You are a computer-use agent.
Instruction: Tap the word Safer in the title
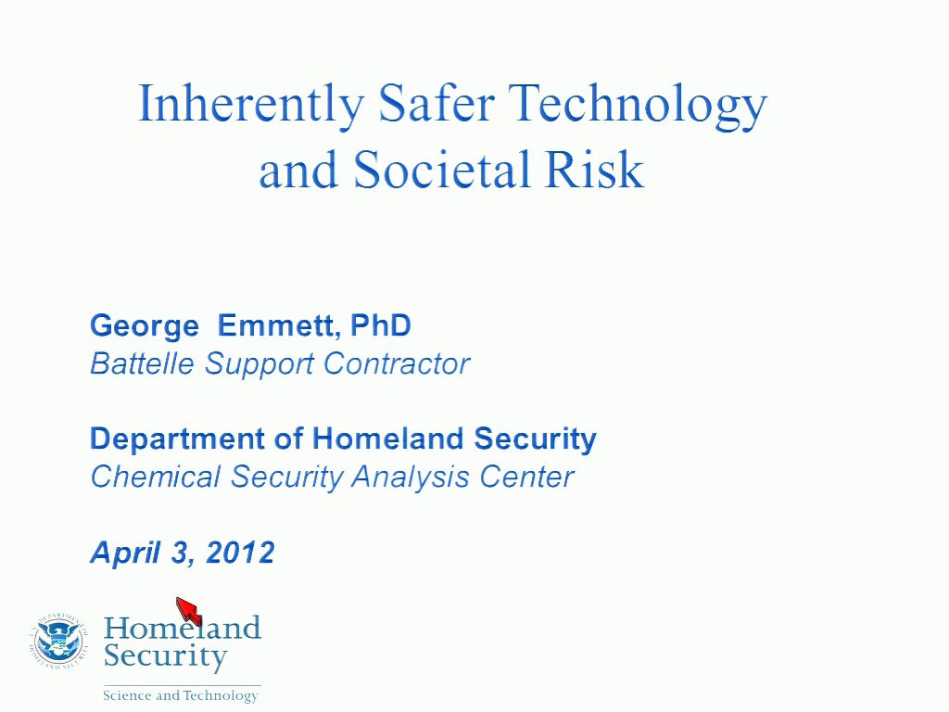[437, 103]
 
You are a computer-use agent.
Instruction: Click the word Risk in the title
[594, 170]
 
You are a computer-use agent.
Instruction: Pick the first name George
[145, 326]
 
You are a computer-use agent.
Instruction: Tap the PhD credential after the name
[381, 325]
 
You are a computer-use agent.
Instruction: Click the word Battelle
[142, 363]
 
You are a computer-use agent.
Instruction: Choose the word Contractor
[397, 363]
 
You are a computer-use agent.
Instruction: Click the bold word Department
[177, 439]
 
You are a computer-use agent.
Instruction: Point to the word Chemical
[156, 477]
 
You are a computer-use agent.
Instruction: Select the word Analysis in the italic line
[411, 477]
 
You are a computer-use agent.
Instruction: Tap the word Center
[526, 477]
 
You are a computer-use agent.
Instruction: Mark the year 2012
[240, 553]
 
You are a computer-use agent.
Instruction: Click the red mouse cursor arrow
[189, 610]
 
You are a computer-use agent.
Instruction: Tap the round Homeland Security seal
[58, 641]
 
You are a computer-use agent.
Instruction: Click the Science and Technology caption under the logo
[181, 695]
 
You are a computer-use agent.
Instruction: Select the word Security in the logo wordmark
[165, 656]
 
